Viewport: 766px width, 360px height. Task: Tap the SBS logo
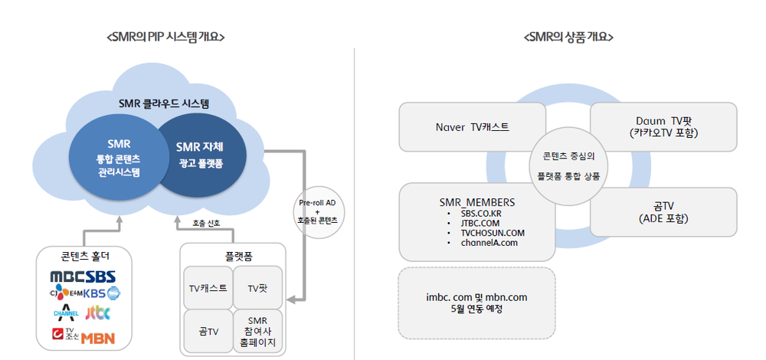pos(100,276)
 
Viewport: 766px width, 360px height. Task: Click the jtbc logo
pos(98,313)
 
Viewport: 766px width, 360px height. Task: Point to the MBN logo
pos(98,336)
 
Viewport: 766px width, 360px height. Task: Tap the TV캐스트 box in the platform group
pos(208,288)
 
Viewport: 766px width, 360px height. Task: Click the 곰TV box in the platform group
pos(208,331)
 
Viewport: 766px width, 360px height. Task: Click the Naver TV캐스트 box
pos(472,126)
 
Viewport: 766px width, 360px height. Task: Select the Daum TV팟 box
pos(663,126)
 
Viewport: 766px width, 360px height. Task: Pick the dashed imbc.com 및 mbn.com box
pos(476,303)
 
